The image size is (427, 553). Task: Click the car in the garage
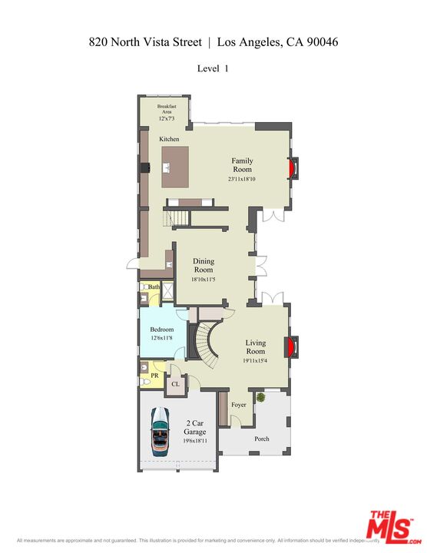(160, 432)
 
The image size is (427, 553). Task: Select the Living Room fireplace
(290, 347)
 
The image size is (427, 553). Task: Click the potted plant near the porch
(262, 398)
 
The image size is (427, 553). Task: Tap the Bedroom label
(162, 329)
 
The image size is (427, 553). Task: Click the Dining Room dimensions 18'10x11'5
(204, 280)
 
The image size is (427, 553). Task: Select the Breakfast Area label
(167, 109)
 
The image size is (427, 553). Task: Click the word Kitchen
(169, 139)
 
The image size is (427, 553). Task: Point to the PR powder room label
(154, 376)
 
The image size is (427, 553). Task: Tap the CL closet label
(175, 383)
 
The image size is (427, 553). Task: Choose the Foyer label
(239, 405)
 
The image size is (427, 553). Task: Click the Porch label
(263, 439)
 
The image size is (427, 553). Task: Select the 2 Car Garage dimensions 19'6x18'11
(195, 442)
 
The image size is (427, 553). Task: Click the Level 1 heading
(213, 68)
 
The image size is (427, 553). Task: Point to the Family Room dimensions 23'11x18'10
(242, 179)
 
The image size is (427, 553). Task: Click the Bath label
(154, 286)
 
